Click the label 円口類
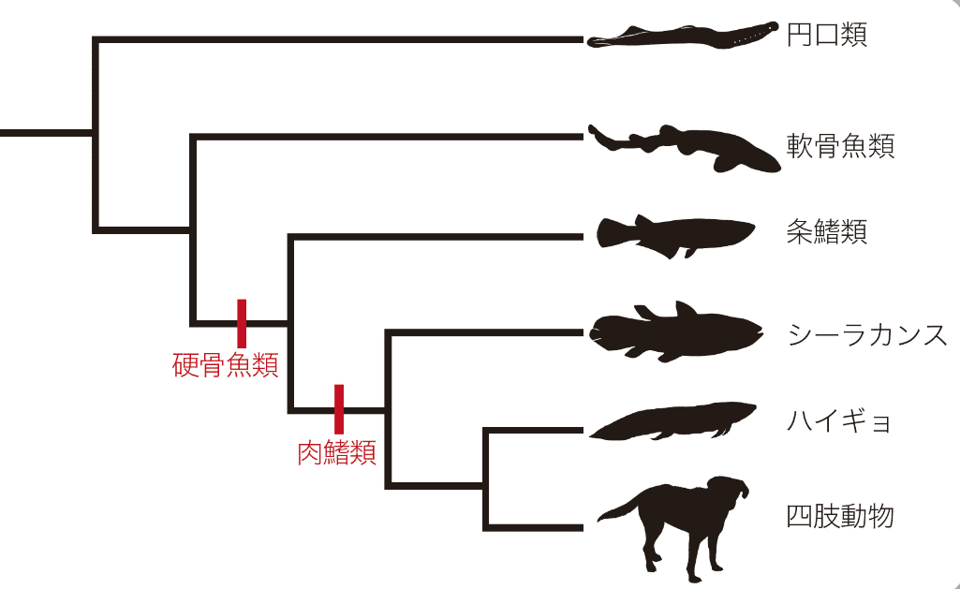pos(826,36)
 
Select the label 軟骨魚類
pos(840,146)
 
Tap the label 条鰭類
pos(826,231)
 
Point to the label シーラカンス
pos(866,334)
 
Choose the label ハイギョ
pos(839,421)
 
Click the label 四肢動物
pos(840,515)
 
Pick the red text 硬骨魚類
pos(226,364)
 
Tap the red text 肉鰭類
pos(336,453)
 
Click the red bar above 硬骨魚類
pos(242,323)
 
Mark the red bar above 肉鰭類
pos(339,409)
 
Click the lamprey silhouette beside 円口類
pos(684,37)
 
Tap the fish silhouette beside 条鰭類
pos(674,234)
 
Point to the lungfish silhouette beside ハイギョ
pos(674,421)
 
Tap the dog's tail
pos(618,510)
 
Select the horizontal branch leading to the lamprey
pos(337,39)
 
